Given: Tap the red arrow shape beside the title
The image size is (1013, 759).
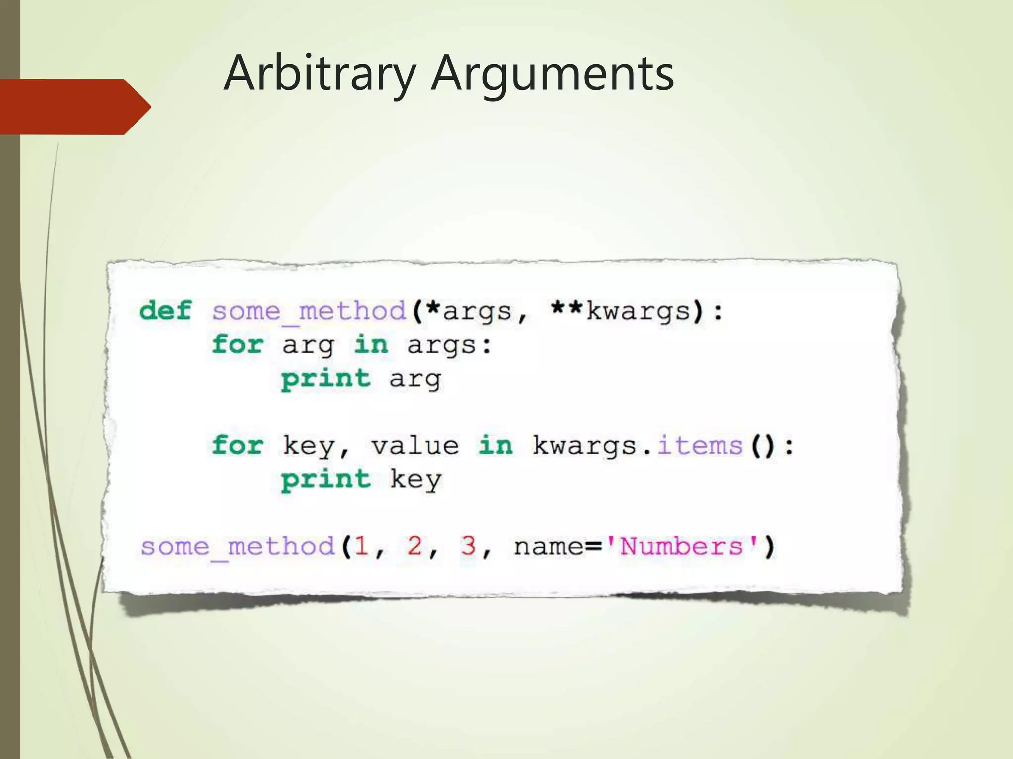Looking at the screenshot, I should coord(74,107).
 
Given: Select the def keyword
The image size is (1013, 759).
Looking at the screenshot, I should coord(165,311).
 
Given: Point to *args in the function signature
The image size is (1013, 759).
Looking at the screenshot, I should coord(469,312).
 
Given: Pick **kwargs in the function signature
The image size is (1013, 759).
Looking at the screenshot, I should coord(621,312).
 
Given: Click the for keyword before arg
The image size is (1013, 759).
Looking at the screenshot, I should coord(237,344).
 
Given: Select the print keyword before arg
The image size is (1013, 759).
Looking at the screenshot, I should coord(326,379).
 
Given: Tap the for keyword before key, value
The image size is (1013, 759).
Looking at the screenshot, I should coord(237,445).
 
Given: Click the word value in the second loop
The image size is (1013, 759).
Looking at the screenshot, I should coord(415,446).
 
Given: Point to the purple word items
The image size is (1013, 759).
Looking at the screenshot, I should coord(699,446).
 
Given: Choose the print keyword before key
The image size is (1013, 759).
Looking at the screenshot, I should coord(326,480).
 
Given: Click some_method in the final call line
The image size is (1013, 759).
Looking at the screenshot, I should coord(238,547).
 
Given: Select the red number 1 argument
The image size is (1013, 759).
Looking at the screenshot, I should coord(361,547).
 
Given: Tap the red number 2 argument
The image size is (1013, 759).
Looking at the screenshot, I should coord(414,547).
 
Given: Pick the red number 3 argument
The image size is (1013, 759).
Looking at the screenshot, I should coord(468,547).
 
